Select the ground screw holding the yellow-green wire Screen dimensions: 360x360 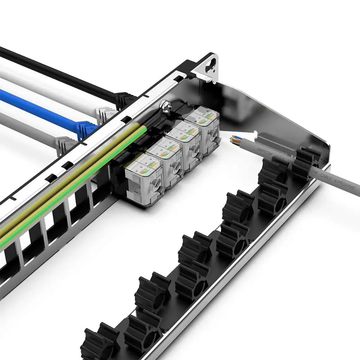(x=166, y=106)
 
